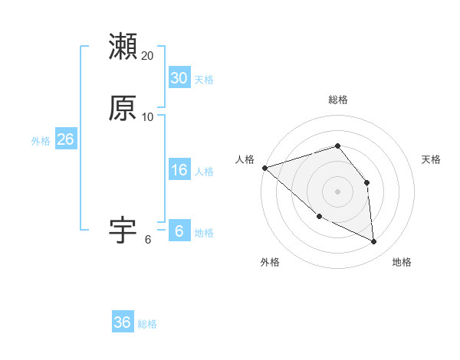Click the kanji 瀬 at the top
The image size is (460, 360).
pyautogui.click(x=123, y=47)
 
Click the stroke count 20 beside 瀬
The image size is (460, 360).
pyautogui.click(x=148, y=56)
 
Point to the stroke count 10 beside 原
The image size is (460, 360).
pyautogui.click(x=148, y=117)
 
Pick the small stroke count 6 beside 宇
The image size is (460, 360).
pyautogui.click(x=148, y=240)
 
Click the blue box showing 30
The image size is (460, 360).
pyautogui.click(x=179, y=78)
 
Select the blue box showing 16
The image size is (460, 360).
pyautogui.click(x=179, y=170)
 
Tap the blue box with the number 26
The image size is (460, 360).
pyautogui.click(x=65, y=139)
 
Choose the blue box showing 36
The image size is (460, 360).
pyautogui.click(x=122, y=322)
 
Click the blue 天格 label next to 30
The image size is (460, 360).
pyautogui.click(x=204, y=80)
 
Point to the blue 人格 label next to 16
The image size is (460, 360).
pyautogui.click(x=204, y=172)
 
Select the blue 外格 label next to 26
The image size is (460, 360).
pyautogui.click(x=41, y=141)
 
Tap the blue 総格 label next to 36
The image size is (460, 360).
pyautogui.click(x=147, y=324)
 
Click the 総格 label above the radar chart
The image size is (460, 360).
pyautogui.click(x=338, y=100)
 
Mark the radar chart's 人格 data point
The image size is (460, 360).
pyautogui.click(x=264, y=167)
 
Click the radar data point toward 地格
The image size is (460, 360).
pyautogui.click(x=374, y=242)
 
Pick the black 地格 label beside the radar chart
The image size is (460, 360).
pyautogui.click(x=402, y=262)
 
